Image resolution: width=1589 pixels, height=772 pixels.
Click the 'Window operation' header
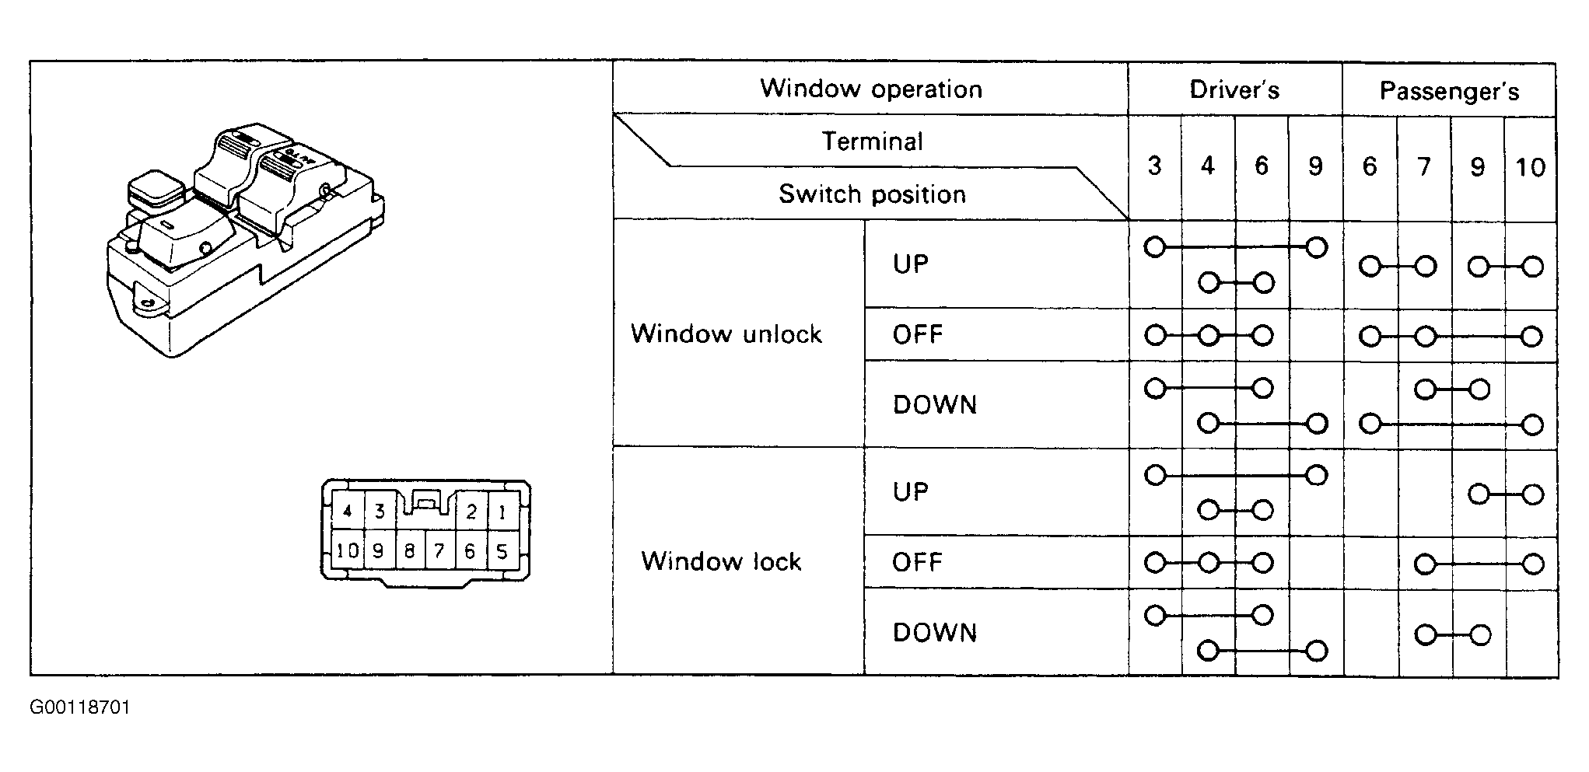pos(871,89)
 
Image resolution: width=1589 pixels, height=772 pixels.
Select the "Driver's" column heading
pos(1234,90)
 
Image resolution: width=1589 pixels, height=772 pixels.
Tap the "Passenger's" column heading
pos(1449,92)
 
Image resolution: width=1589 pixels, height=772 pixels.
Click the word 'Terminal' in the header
pos(873,141)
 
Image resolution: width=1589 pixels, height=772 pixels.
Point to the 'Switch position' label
pos(872,194)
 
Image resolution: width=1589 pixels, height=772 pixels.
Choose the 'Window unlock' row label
pos(726,334)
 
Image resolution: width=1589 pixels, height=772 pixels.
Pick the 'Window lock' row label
pos(721,561)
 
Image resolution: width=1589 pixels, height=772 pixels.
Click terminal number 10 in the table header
pos(1531,167)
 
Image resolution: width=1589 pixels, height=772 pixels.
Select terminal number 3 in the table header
pos(1155,166)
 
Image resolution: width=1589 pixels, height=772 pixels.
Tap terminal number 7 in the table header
pos(1424,167)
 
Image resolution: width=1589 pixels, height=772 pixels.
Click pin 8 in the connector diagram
pos(409,551)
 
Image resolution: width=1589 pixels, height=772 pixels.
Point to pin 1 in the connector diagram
pos(502,512)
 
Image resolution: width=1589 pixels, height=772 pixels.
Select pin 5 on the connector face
pos(502,551)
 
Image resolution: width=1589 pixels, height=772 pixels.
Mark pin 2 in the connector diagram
pos(471,512)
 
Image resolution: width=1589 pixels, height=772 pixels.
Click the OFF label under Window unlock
pos(918,335)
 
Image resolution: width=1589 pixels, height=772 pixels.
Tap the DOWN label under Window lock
pos(935,633)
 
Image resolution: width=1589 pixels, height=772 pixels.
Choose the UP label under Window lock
pos(911,492)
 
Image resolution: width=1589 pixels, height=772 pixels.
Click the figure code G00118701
pos(80,707)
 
